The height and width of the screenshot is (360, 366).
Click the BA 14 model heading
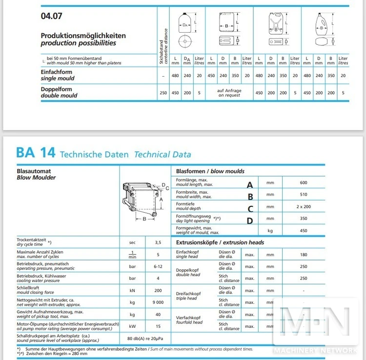tap(35, 153)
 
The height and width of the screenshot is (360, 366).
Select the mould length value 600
tap(304, 183)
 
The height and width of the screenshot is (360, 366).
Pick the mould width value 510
tap(304, 195)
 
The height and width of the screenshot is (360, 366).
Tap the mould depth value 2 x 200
tap(304, 207)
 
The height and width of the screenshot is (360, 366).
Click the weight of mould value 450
tap(304, 230)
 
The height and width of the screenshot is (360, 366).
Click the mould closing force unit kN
tap(132, 290)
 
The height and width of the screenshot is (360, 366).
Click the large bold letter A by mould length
tap(250, 184)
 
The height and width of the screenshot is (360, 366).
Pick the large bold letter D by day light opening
tap(250, 220)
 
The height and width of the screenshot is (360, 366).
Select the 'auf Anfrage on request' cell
tap(229, 93)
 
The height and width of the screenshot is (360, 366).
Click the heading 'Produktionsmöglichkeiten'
tap(83, 36)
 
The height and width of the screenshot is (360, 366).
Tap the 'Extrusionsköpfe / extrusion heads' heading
tap(220, 242)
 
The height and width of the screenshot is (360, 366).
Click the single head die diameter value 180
tap(304, 254)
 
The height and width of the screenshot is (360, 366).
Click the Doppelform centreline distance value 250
tap(163, 93)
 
